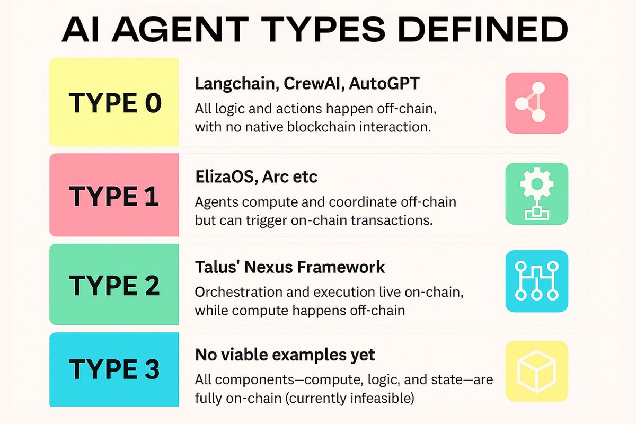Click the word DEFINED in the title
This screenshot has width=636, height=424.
click(x=482, y=29)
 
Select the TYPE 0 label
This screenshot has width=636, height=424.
click(x=115, y=103)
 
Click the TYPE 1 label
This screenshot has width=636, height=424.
click(x=113, y=196)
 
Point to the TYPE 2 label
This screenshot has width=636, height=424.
click(x=114, y=286)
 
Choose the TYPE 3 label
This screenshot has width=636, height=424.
click(x=114, y=369)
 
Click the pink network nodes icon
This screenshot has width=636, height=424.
click(x=536, y=103)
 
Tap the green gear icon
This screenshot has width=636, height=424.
click(x=536, y=193)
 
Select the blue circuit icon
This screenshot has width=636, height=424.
click(x=536, y=281)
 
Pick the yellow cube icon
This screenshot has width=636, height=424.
click(x=536, y=371)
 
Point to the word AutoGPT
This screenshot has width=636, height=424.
click(x=384, y=84)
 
